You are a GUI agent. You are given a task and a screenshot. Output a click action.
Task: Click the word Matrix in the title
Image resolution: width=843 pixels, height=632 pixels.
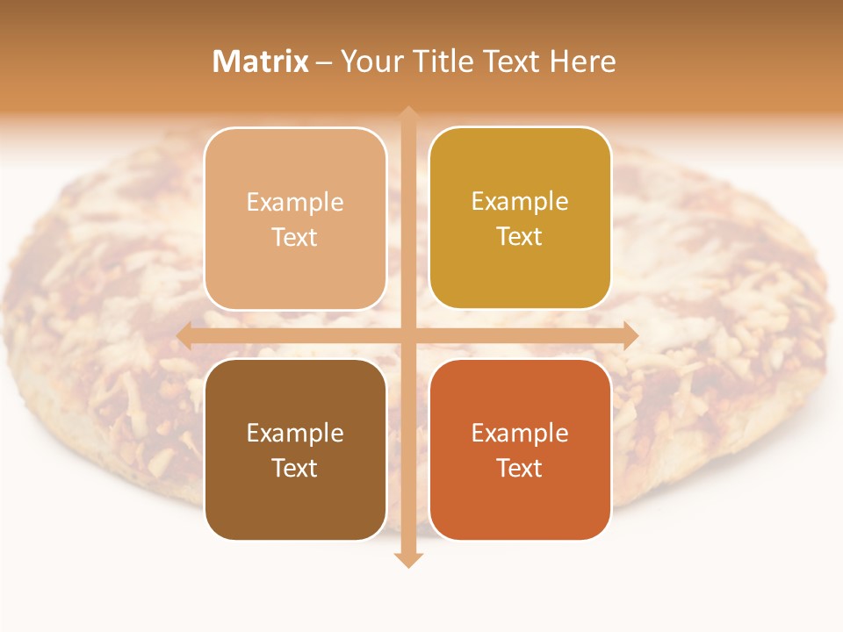pos(261,61)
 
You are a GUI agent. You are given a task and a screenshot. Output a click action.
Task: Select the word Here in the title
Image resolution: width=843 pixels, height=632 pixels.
pos(584,61)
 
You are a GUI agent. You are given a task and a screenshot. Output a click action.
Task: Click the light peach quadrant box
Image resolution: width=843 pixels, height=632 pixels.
pos(295,219)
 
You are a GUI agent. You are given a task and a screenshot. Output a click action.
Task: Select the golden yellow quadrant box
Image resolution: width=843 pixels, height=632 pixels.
pos(520,219)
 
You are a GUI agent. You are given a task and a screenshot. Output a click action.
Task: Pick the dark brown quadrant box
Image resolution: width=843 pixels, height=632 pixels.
pos(295,449)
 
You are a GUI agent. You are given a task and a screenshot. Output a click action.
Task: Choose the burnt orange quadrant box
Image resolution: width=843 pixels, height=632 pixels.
pos(520,449)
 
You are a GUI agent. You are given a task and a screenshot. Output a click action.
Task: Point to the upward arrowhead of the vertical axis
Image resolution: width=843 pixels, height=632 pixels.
pos(407,114)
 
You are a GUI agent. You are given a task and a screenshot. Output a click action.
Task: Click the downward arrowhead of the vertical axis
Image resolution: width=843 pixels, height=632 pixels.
pos(407,560)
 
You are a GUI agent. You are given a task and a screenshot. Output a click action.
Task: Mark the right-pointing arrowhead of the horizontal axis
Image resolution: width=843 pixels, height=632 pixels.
pos(630,335)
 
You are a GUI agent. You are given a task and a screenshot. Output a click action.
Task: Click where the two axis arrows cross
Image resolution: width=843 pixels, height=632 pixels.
pos(407,335)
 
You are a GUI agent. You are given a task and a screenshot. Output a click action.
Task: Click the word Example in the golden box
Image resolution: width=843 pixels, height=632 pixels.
pos(520,202)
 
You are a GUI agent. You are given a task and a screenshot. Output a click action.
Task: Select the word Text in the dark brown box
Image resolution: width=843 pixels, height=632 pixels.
pos(295,468)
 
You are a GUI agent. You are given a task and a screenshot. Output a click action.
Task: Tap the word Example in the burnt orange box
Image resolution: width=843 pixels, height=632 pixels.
pos(520,433)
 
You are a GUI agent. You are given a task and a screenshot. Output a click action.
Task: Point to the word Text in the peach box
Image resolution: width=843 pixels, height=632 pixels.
pos(295,238)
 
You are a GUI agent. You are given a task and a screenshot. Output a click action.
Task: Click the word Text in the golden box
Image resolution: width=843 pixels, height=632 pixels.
pos(520,237)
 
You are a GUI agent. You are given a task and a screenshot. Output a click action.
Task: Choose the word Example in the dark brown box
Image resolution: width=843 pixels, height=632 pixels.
pos(295,433)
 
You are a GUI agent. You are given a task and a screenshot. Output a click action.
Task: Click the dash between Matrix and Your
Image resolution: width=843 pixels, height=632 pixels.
pos(324,62)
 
